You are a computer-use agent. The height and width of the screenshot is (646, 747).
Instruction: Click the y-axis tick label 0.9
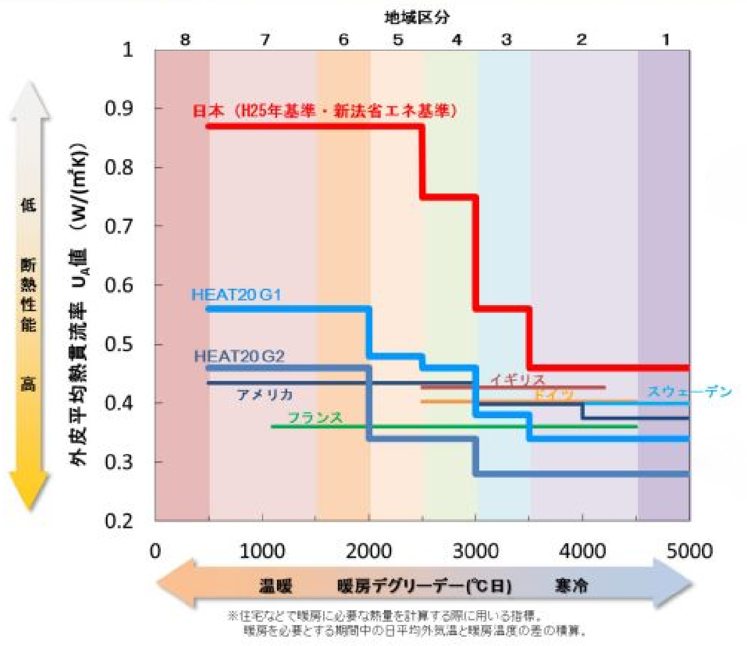pos(119,109)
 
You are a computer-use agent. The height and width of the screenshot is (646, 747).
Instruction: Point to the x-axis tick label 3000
pos(476,551)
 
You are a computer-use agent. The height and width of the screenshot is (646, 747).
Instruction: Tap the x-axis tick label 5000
pos(689,551)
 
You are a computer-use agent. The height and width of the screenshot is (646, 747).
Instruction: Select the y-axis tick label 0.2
pos(119,521)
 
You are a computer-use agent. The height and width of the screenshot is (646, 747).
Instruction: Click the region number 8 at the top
pos(185,39)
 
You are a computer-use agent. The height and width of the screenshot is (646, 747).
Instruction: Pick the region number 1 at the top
pos(666,39)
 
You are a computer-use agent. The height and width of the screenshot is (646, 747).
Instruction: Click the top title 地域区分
pos(417,18)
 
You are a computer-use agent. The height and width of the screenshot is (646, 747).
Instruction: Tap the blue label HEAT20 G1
pos(236,295)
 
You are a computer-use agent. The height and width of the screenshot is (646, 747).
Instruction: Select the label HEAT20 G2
pos(239,356)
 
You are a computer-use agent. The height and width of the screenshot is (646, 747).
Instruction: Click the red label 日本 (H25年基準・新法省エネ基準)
pos(324,111)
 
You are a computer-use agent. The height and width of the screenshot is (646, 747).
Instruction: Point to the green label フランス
pos(315,418)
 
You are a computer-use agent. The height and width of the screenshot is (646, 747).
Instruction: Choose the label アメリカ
pos(265,394)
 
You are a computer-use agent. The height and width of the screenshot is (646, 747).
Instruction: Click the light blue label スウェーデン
pos(690,392)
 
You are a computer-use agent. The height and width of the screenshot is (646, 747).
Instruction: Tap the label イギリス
pos(518,379)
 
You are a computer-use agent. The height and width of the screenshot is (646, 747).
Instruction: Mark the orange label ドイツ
pos(553,394)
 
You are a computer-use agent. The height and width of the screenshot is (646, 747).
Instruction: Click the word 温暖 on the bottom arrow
pos(275,586)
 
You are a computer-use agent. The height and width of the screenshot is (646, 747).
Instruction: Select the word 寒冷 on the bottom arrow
pos(571,586)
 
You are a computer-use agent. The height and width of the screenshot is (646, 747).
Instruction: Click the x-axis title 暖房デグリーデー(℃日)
pos(424,586)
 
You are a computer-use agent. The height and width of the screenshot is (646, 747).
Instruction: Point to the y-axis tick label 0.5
pos(119,344)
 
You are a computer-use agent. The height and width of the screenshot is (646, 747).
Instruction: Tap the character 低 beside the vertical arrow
pos(28,205)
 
